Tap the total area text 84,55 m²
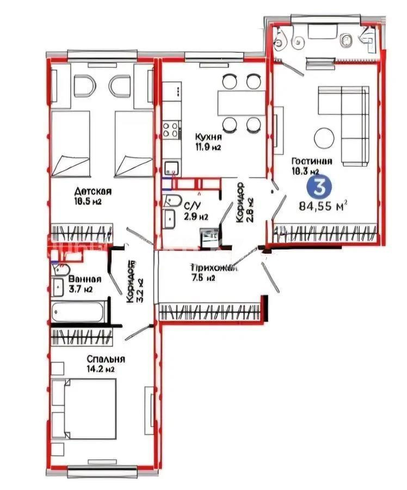point(323,206)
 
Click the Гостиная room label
point(312,161)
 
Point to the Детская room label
point(93,191)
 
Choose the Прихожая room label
point(213,268)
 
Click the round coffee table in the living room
point(323,137)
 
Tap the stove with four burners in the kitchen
point(171,130)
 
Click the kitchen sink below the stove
point(171,167)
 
